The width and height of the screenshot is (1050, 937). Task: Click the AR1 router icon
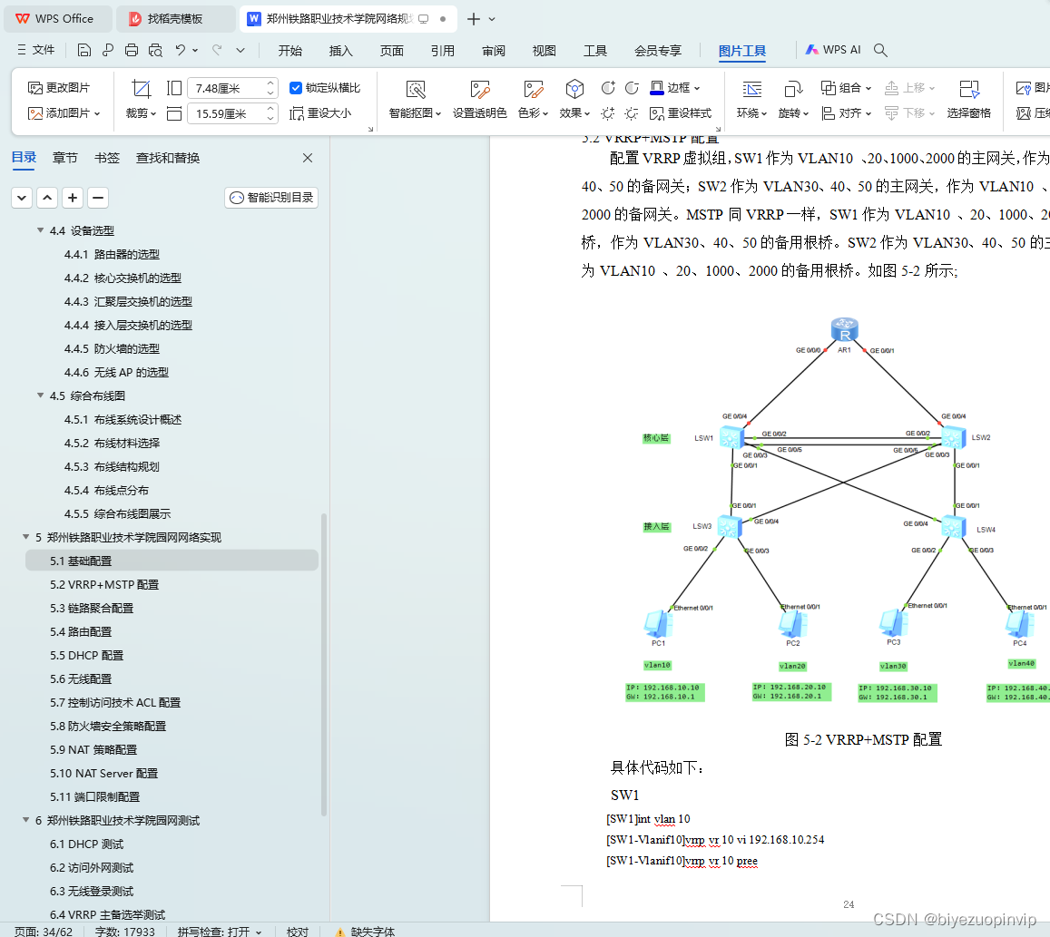click(845, 329)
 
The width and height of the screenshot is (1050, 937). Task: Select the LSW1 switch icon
click(731, 437)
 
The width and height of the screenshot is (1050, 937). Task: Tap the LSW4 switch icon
click(953, 527)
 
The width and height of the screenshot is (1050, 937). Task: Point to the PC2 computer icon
click(792, 623)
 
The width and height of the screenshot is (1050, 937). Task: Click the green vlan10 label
click(657, 665)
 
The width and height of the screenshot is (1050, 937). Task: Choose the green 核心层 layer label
click(656, 438)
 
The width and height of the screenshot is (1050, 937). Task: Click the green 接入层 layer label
click(656, 526)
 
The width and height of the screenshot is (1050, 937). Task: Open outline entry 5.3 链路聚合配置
click(92, 608)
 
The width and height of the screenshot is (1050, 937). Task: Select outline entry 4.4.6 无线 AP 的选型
click(116, 372)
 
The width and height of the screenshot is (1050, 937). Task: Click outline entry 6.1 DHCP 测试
click(86, 844)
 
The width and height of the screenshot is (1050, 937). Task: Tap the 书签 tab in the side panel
click(107, 158)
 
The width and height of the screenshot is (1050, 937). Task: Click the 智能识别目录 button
click(271, 198)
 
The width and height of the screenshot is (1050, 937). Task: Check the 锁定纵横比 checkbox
click(296, 88)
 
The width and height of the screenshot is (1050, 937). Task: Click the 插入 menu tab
click(341, 51)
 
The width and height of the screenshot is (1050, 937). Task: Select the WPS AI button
click(832, 51)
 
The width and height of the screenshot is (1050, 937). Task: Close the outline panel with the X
click(308, 158)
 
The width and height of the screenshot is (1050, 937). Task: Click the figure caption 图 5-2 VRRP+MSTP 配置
click(862, 739)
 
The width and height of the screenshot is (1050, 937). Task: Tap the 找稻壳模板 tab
click(175, 18)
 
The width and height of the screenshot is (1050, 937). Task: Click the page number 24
click(849, 904)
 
